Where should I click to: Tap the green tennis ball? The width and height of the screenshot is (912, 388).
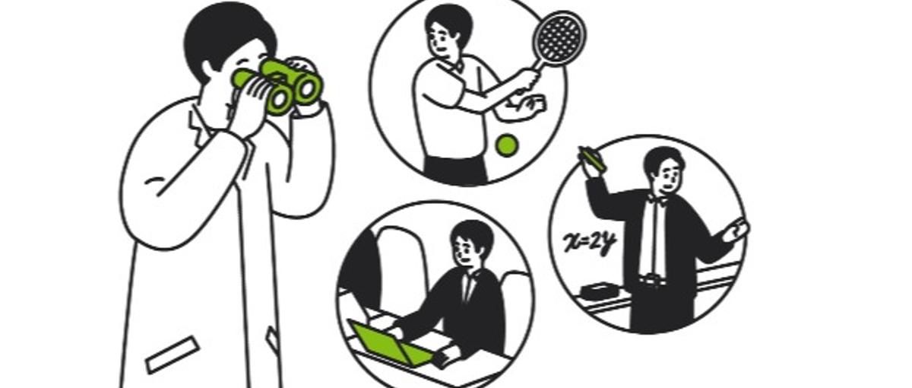(x=507, y=145)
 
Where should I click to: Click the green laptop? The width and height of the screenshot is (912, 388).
(x=391, y=345)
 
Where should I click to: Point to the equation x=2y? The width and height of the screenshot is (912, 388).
(x=590, y=243)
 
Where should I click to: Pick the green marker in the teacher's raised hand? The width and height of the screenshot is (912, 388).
(x=593, y=159)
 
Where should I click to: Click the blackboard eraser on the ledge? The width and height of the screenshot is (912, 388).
(x=600, y=291)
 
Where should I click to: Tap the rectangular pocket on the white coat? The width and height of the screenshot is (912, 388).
(x=173, y=355)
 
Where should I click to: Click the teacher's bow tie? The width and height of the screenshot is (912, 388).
(x=656, y=200)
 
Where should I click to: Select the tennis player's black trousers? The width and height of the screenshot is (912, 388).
(x=455, y=170)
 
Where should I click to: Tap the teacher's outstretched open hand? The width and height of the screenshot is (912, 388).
(x=737, y=231)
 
